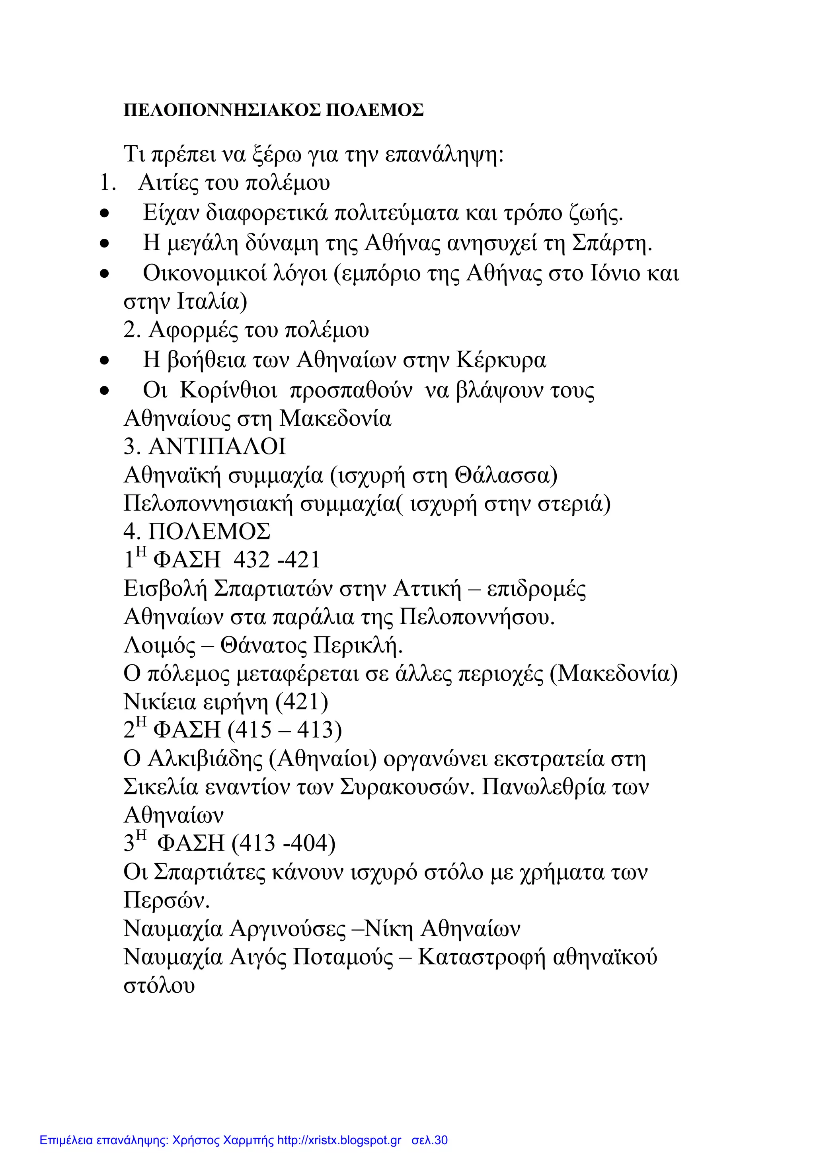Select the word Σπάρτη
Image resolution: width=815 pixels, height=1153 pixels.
[612, 243]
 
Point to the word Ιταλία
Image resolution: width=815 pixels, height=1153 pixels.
[212, 302]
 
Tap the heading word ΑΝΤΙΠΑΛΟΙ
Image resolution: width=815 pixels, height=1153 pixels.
[217, 446]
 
